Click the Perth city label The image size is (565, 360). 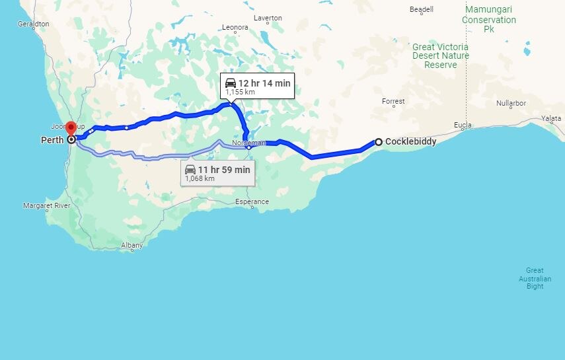coord(52,140)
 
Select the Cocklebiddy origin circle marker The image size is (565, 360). coord(379,141)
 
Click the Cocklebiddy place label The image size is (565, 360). coord(410,141)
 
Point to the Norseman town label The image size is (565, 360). coord(249,143)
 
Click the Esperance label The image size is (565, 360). coord(252,201)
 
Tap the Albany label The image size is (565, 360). coord(132,245)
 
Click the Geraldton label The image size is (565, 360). coord(33,23)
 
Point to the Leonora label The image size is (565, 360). coord(235,28)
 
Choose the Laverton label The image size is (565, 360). coord(268,18)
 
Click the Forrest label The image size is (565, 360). coord(393,101)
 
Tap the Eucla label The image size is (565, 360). coord(463,126)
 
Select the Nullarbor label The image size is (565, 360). coord(511,104)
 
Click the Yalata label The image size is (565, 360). coord(551,118)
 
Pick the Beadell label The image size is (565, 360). coord(422,9)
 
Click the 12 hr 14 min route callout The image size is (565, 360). coord(257,86)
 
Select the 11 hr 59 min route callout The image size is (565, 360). coord(217,173)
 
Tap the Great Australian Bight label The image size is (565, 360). coord(535,278)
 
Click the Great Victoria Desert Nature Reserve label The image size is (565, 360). coord(441,56)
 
